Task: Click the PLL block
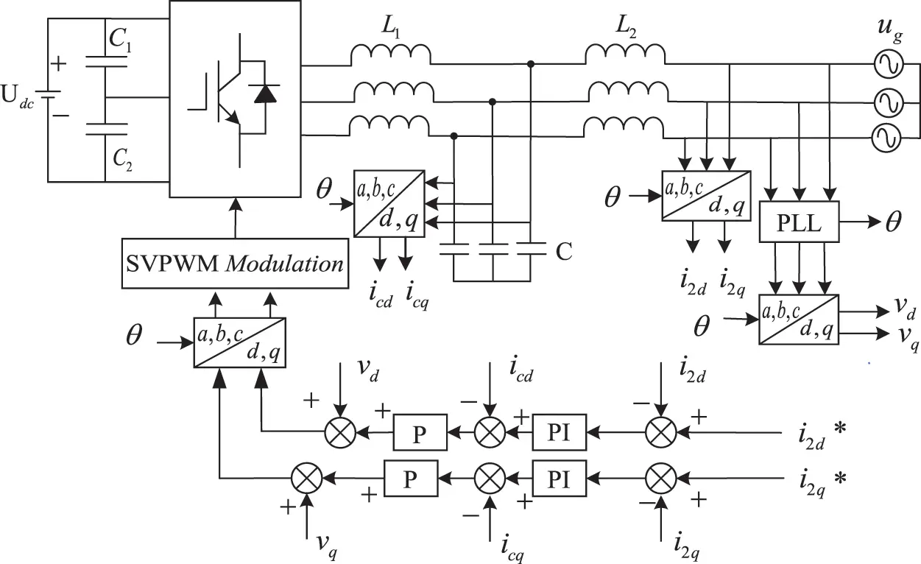coord(799,222)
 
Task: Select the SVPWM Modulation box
coord(235,263)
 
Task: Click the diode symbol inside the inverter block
coord(264,93)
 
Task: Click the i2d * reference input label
coord(819,435)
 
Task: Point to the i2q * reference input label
coord(819,479)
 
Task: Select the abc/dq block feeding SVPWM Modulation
coord(239,342)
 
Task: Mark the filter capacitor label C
coord(563,252)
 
